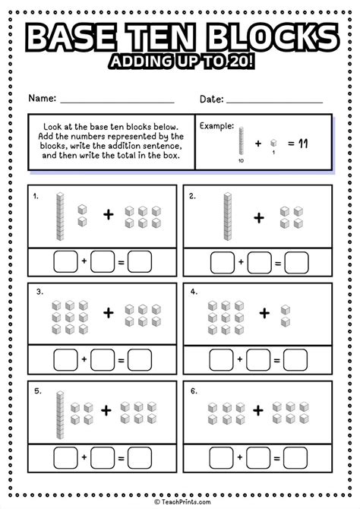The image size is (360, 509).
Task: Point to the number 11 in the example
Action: coord(302,142)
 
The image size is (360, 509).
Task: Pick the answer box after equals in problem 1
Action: coord(140,263)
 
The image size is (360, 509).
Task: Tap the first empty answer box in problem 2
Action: coord(222,263)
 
